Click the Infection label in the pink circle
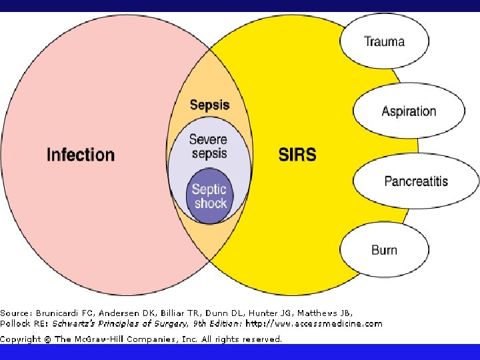81,155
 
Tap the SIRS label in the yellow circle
297,155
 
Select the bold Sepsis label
209,105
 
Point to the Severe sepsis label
209,147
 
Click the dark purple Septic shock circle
209,196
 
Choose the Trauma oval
384,41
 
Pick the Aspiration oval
409,111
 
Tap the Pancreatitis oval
416,181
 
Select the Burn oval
384,250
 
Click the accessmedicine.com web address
314,324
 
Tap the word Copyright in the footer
20,339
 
